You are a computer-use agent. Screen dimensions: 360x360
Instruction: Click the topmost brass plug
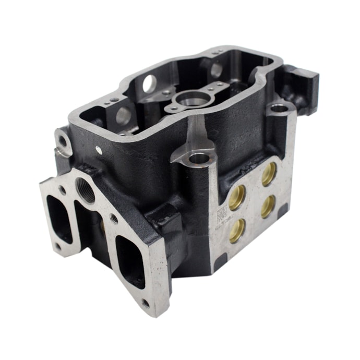[x=269, y=174]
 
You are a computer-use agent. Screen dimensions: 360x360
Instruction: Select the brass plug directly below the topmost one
[x=268, y=206]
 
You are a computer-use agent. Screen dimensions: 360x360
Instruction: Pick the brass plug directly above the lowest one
[x=237, y=197]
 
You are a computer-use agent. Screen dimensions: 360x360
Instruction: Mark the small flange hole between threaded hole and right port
[x=114, y=219]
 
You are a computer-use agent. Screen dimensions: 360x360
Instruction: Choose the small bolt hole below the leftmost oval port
[x=57, y=246]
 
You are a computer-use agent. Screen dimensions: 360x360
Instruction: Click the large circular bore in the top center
[x=193, y=98]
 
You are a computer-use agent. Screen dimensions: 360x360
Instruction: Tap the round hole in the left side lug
[x=63, y=141]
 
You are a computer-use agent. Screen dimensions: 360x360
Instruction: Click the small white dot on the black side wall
[x=99, y=150]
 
